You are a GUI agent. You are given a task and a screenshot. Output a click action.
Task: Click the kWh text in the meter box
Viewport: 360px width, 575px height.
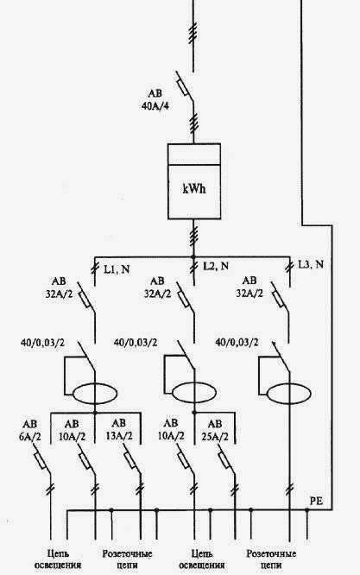coord(194,189)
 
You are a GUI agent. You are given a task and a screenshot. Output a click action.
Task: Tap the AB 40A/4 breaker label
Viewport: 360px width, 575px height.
coord(155,100)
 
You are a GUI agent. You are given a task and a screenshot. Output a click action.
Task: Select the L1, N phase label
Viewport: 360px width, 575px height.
coord(117,269)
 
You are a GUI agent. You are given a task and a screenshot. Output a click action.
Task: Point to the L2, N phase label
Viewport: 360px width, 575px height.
coord(216,266)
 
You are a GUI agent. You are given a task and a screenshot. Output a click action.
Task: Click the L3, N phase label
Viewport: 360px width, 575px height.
coord(311,264)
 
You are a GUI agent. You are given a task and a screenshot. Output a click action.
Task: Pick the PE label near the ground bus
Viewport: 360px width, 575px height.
coord(316,501)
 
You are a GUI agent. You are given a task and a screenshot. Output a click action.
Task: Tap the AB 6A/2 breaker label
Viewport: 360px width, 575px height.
coord(30,431)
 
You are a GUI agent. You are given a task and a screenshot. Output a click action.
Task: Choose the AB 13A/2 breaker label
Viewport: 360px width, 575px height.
coord(118,430)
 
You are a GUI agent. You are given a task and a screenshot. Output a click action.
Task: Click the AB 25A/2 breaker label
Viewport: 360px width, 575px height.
coord(215,431)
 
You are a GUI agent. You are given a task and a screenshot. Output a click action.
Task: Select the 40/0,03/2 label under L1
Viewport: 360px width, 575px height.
coord(43,343)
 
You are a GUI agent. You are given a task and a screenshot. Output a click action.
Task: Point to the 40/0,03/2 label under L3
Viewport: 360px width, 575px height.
coord(237,343)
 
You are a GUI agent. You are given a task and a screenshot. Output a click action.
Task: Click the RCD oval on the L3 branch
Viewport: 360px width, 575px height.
coord(289,395)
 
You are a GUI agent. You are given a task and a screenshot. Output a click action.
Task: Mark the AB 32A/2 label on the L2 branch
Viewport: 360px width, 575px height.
coord(157,287)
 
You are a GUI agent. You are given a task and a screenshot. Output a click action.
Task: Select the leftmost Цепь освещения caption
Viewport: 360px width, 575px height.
coord(58,559)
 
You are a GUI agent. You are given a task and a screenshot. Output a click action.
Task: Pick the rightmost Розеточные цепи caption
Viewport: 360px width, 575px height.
coord(271,559)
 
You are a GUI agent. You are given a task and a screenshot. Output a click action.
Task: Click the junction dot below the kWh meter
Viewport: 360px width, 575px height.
coord(194,257)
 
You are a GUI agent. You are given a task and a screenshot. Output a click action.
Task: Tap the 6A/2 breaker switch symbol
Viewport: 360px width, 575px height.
coord(41,460)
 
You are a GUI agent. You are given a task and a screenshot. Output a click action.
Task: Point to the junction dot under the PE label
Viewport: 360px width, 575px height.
coord(306,509)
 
